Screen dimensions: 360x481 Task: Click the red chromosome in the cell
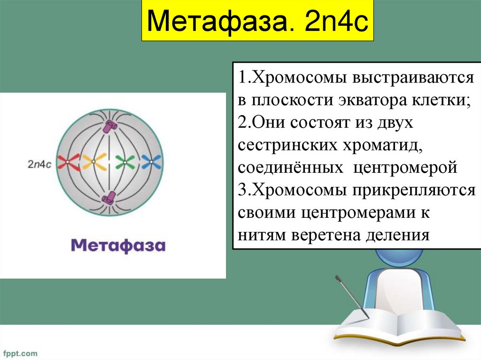(x=67, y=162)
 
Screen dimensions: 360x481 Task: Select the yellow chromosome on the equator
(x=93, y=162)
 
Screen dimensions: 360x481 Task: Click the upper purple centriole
(x=110, y=125)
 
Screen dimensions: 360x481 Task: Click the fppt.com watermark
(x=20, y=352)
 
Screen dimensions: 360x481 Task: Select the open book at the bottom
(x=399, y=326)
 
